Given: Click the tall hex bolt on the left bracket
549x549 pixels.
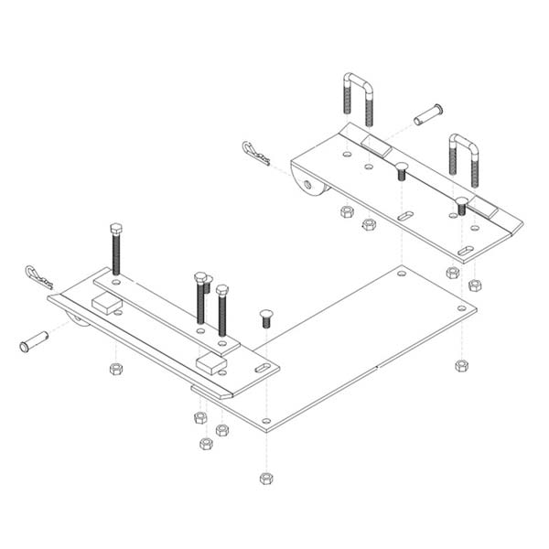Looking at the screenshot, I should pos(115,247).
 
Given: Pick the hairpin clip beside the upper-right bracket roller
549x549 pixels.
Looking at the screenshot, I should pos(256,154).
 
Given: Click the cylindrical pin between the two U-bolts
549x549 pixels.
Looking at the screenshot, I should pos(428,115).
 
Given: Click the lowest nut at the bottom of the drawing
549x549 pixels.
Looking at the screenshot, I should pos(265,479).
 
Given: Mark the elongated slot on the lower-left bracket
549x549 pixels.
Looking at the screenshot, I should pos(262,368).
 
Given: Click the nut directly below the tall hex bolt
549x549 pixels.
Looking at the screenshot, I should pos(115,369).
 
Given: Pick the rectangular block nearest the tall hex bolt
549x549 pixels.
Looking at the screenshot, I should pos(107,305).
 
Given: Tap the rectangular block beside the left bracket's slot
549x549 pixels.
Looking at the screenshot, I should pos(211,363).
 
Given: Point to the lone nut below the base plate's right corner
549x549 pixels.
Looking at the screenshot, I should pos(461,365).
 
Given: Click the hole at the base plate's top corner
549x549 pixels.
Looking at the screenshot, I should pos(400,273).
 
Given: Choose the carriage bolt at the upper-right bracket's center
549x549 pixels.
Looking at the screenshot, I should pos(401,171).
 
